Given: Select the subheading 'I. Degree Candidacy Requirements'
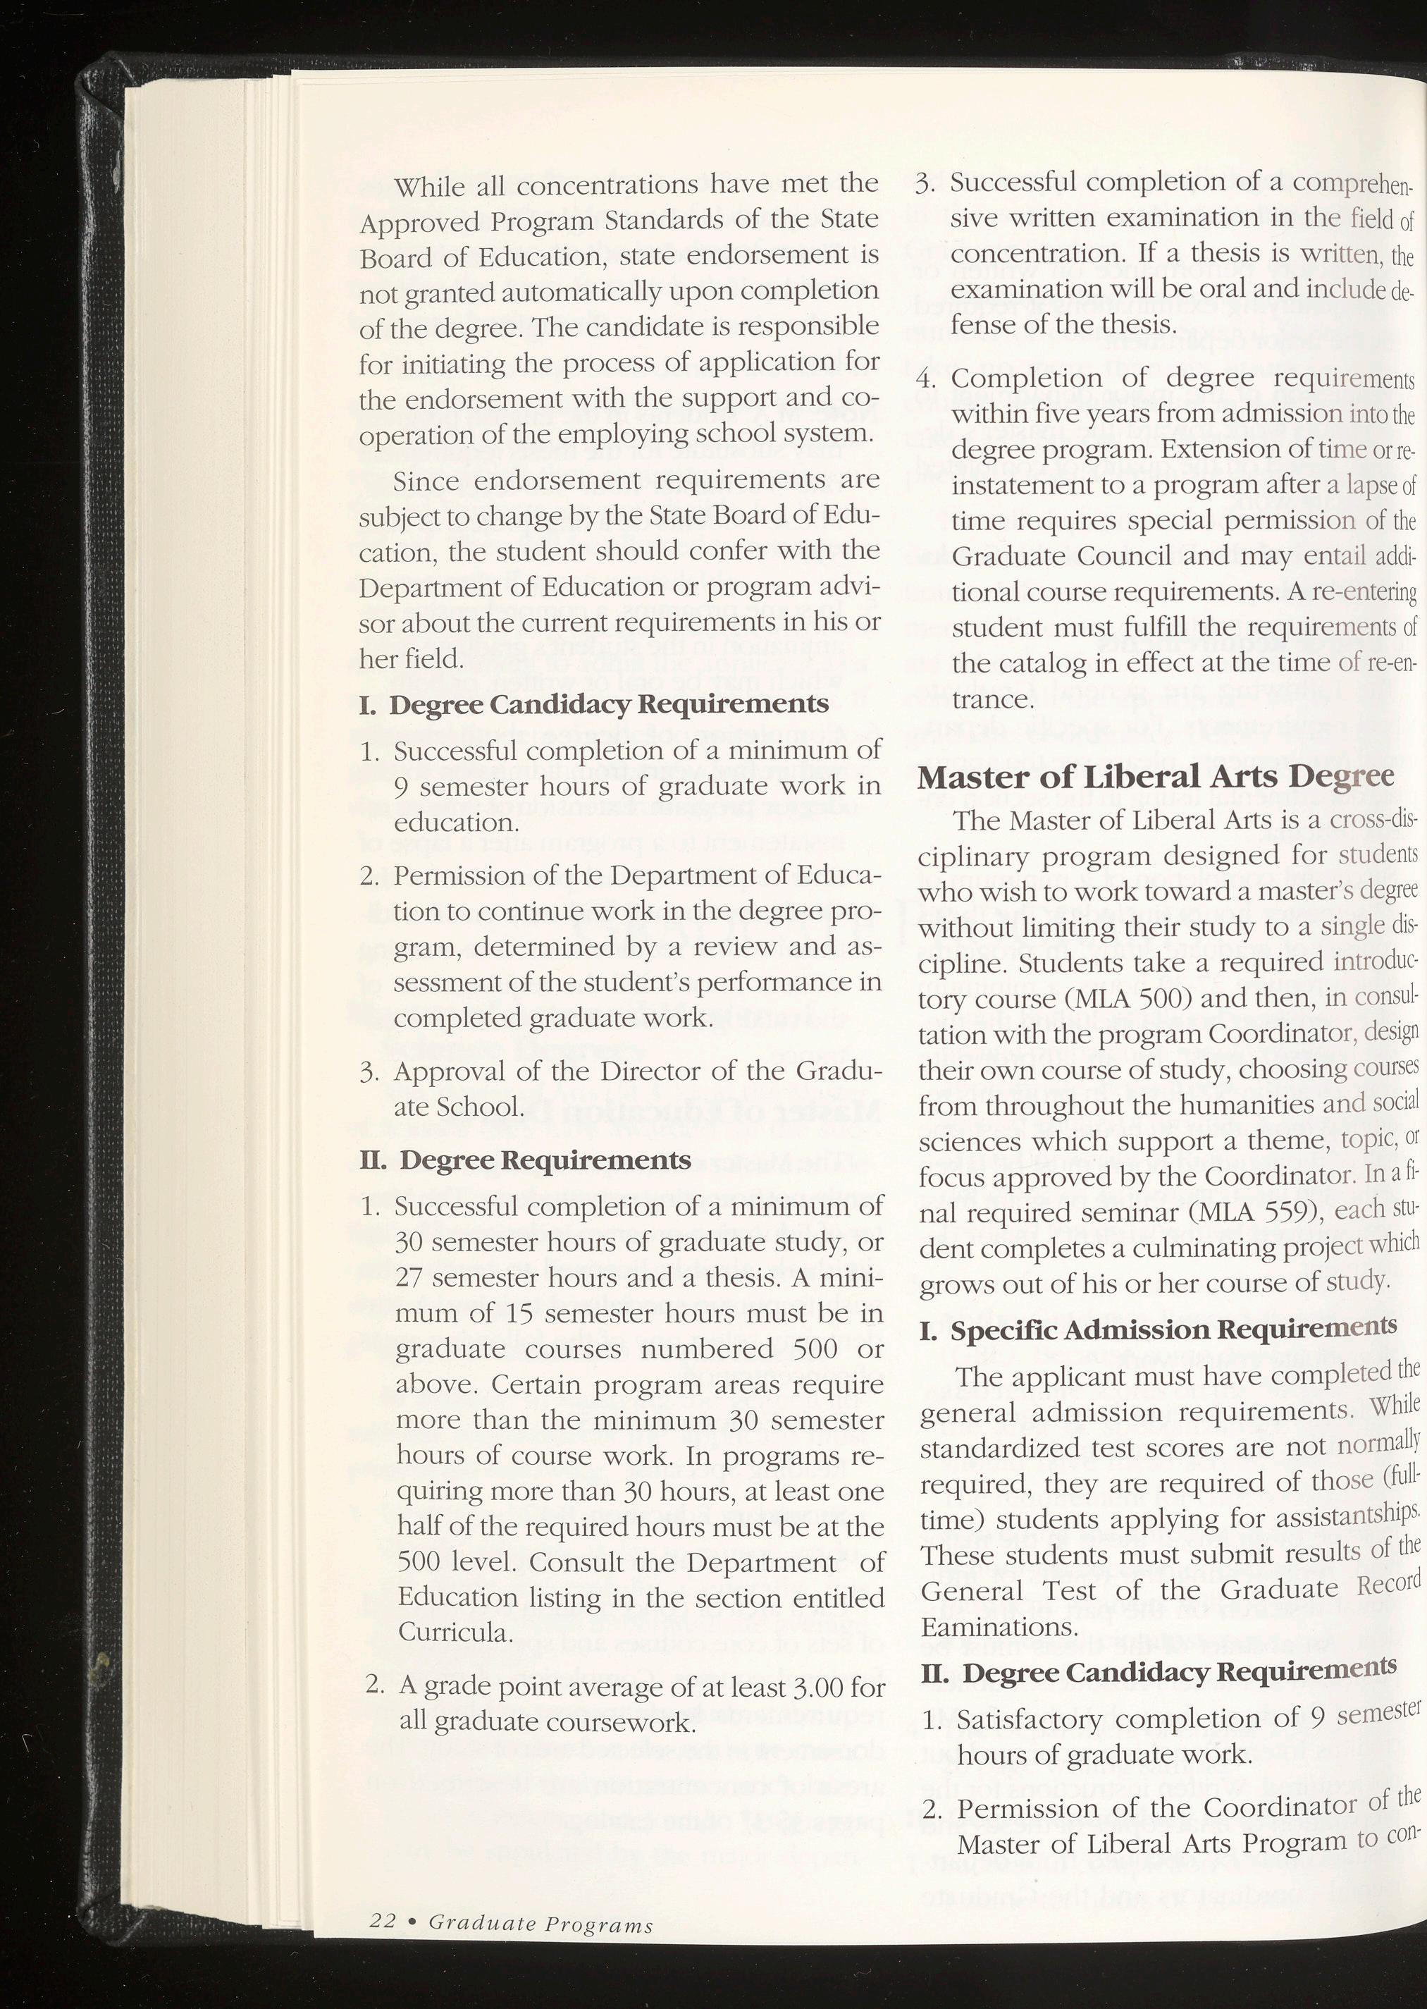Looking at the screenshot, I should pyautogui.click(x=594, y=705).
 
